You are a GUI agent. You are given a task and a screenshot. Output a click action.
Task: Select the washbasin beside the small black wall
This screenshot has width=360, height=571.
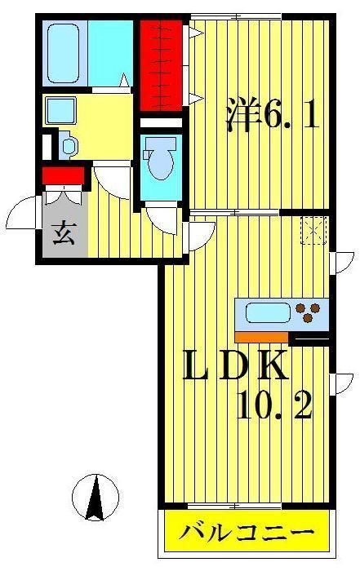[x=69, y=147]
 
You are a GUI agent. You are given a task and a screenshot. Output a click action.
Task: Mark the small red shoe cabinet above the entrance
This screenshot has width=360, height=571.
[x=64, y=175]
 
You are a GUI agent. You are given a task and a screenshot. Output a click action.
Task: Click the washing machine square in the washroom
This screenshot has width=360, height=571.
[x=60, y=108]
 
